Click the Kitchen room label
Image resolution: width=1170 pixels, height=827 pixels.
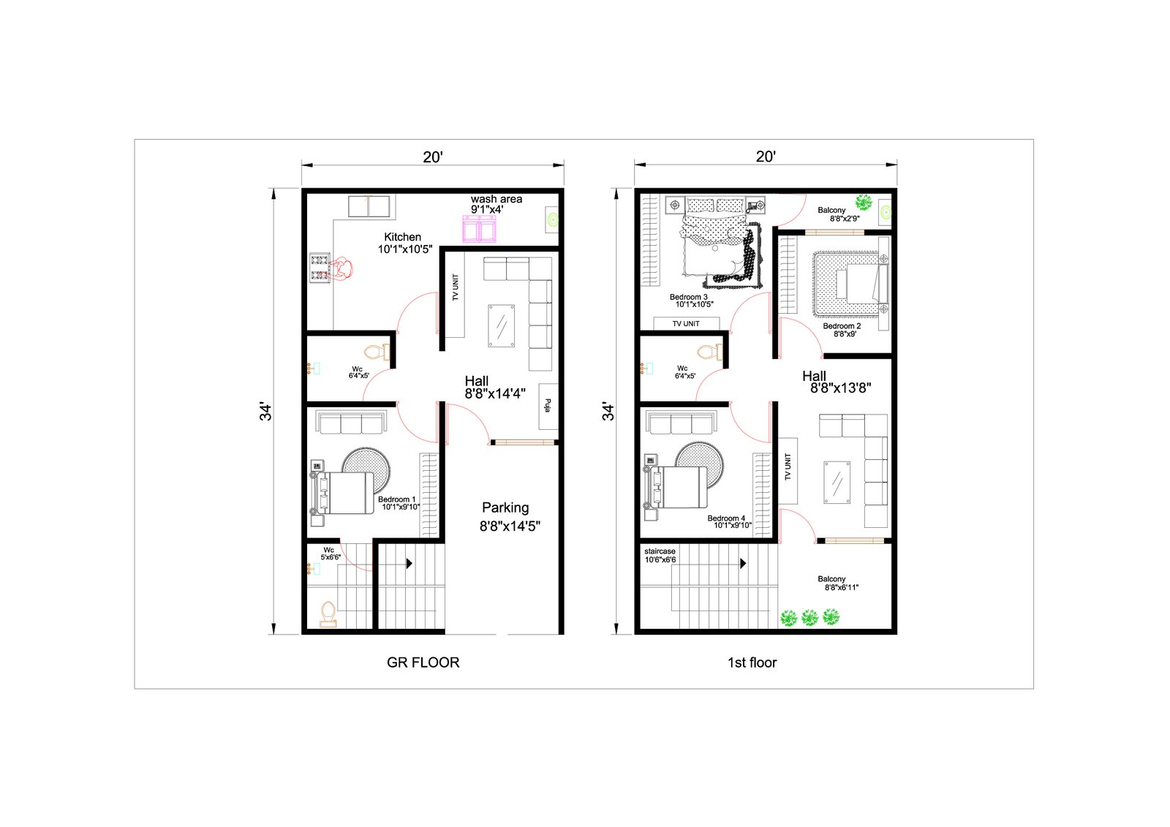coord(402,237)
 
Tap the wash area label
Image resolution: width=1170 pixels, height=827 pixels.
coord(497,199)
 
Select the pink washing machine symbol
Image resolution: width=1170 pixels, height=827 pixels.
coord(479,228)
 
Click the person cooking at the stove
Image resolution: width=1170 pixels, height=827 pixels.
coord(343,269)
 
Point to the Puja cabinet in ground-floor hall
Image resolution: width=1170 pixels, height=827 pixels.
coord(548,407)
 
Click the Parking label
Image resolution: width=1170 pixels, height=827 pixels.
coord(505,507)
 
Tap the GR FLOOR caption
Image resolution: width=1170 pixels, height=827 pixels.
coord(423,662)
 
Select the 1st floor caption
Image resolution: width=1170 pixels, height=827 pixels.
coord(752,662)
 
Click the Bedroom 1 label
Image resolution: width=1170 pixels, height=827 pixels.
coord(396,499)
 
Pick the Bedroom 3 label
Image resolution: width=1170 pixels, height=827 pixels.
coord(688,297)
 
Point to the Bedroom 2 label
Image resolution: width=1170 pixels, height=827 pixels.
coord(842,326)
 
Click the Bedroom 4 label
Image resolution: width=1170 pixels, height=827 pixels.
coord(726,518)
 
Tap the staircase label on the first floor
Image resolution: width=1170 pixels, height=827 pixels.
coord(660,551)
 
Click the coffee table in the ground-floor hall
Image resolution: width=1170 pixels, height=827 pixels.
coord(502,326)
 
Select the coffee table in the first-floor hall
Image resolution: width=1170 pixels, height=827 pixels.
coord(837,482)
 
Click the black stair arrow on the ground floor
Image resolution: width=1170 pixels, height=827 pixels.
coord(409,563)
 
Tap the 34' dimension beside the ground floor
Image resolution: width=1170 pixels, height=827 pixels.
coord(265,412)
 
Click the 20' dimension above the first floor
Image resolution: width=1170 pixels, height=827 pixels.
coord(766,156)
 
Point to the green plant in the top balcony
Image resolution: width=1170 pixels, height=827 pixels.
coord(864,202)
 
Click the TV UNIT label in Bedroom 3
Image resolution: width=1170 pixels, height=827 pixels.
coord(686,324)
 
